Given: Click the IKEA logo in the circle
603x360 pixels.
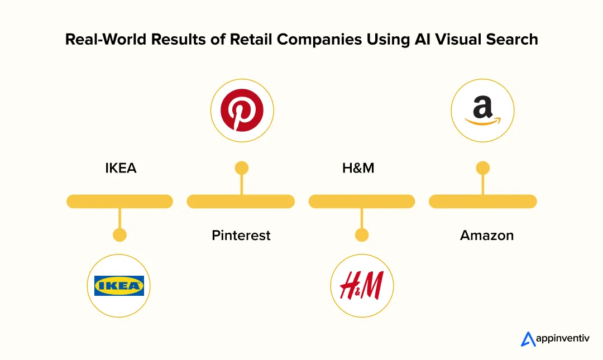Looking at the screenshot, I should coord(119,286).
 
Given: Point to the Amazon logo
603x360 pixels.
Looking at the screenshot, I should coord(482,109).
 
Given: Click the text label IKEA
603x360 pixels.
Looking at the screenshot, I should coord(121,168).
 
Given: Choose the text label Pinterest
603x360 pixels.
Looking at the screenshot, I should coord(241,236).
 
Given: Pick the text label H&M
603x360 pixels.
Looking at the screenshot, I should coord(358,168).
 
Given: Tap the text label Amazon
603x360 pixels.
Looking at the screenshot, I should coord(487,236).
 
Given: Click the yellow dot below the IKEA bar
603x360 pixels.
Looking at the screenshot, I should coord(119,235).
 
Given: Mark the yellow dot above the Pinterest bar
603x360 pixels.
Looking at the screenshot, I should coord(241,168).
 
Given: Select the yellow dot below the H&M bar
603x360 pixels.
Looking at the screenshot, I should coord(362,235).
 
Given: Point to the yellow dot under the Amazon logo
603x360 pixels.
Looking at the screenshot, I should coord(482,168).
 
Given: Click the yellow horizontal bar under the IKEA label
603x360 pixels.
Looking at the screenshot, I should coord(119,201).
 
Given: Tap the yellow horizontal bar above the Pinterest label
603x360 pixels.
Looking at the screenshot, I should coord(241,201).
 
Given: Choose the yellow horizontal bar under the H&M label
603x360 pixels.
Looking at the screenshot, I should coord(362,201).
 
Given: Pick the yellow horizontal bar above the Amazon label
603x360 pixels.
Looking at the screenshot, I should coord(483,201).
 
